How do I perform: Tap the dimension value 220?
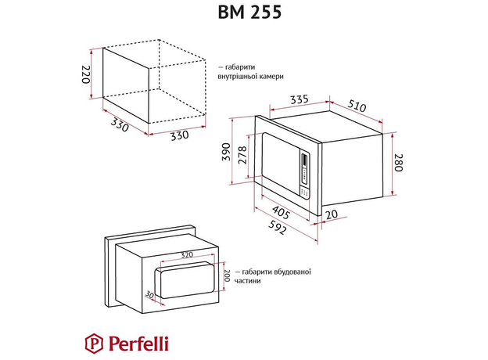click(x=87, y=75)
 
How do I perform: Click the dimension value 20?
click(x=332, y=214)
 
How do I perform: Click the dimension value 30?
click(x=148, y=293)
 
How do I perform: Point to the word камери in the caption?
click(x=267, y=77)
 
